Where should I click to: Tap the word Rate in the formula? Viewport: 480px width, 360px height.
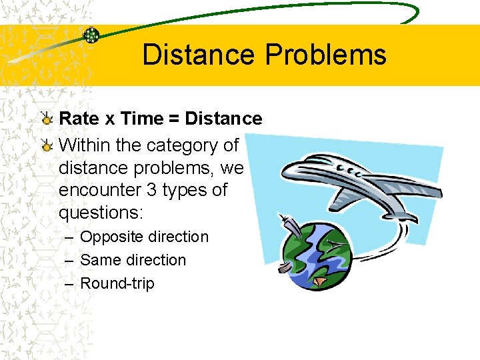79,119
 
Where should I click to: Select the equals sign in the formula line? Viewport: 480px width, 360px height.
173,119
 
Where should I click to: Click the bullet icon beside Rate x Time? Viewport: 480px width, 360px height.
46,119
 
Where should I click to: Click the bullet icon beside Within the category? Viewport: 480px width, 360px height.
46,145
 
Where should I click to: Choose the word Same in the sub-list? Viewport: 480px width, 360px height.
97,260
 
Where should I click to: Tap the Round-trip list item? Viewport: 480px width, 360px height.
117,283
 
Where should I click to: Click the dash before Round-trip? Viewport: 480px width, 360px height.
69,283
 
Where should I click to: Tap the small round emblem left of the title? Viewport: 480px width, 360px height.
91,35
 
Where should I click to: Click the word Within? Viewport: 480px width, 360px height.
84,145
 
